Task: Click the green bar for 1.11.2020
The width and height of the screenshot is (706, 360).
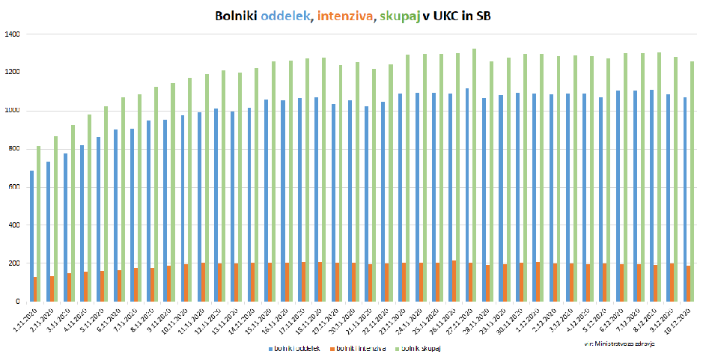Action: click(39, 225)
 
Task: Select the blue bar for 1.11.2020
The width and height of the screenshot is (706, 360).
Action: click(31, 237)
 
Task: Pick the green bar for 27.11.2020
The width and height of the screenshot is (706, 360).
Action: click(473, 176)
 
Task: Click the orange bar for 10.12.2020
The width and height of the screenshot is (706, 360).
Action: click(688, 284)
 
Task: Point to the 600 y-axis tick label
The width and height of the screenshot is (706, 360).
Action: click(14, 187)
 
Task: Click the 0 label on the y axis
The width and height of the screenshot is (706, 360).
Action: click(19, 302)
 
